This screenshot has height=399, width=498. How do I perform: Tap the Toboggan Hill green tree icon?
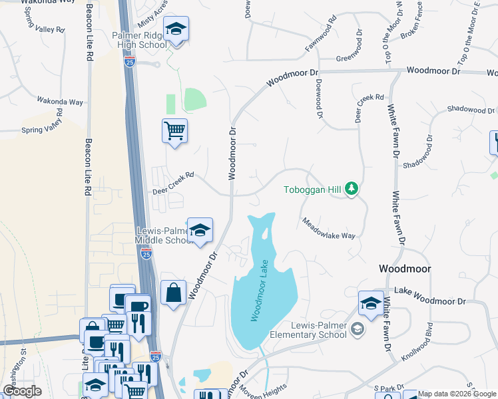coord(352,190)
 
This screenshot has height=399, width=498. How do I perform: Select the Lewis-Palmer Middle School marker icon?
coord(199,231)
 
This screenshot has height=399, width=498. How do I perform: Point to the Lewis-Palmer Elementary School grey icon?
coord(358,329)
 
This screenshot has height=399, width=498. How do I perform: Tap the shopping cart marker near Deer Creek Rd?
coord(174,130)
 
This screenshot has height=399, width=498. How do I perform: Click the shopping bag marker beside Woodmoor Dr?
coord(173,293)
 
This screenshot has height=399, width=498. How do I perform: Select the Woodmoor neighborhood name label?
coord(404,269)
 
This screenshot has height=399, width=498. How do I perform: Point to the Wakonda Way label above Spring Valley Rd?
coord(60,102)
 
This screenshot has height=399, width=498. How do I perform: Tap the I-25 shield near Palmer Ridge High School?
coord(130,61)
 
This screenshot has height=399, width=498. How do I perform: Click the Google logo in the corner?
coord(22,392)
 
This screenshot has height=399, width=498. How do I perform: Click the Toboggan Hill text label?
coord(312,190)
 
